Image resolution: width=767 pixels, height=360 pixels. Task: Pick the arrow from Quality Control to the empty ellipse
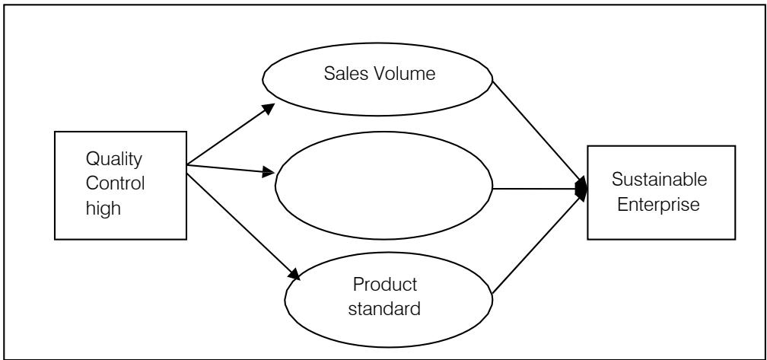click(x=228, y=168)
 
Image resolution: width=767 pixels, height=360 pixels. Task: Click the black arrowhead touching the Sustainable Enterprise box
click(x=582, y=189)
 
